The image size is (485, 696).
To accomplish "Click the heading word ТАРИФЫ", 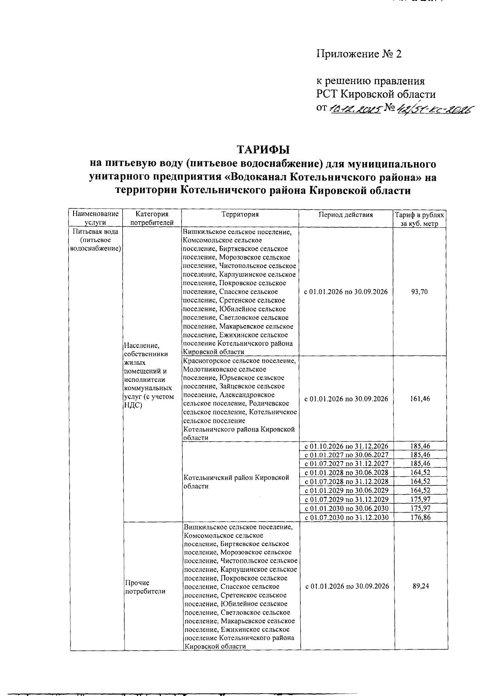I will click(x=263, y=150).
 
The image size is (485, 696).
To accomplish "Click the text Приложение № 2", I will click(x=359, y=54).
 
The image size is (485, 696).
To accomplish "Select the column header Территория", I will click(x=240, y=215).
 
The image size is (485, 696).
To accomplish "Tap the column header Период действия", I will click(x=346, y=215).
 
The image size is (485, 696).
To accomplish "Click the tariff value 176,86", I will click(x=420, y=517).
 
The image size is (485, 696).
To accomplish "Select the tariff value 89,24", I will click(x=420, y=586).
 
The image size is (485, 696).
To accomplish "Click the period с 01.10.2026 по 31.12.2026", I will click(x=346, y=446).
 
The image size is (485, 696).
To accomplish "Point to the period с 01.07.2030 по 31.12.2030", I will click(x=346, y=517).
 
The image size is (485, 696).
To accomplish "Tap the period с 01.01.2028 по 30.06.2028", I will click(x=346, y=473).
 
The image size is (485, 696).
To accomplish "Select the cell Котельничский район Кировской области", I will click(x=236, y=482).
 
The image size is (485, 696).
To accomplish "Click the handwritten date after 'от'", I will click(x=356, y=108).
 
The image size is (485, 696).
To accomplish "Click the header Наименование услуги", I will click(x=96, y=218).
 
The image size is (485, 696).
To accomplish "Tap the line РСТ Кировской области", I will click(x=376, y=95).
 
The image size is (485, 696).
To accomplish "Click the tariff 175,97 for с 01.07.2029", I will click(x=420, y=499).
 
